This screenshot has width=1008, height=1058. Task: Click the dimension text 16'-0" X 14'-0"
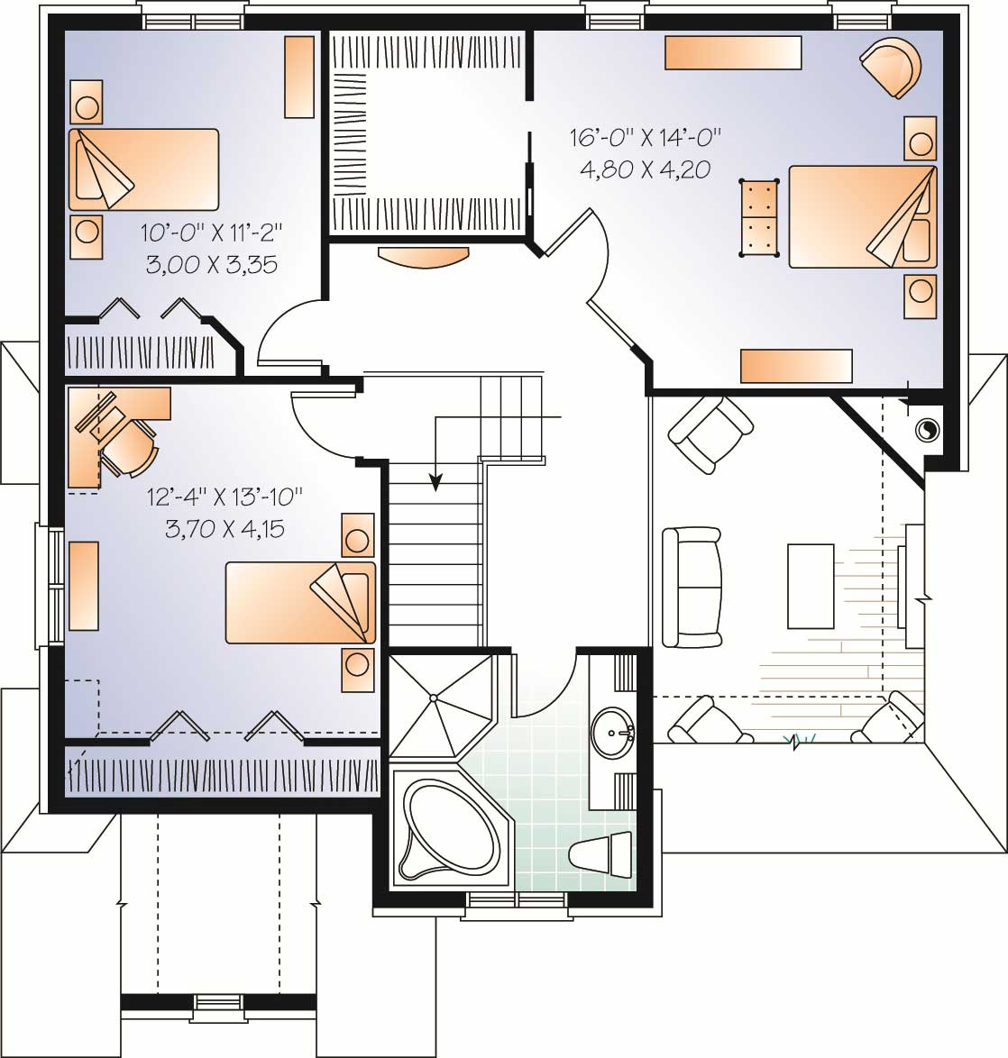(x=646, y=138)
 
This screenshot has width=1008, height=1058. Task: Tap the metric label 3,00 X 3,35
(x=211, y=265)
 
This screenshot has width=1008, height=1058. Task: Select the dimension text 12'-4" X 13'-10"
(x=225, y=497)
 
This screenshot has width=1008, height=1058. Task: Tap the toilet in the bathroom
(x=603, y=852)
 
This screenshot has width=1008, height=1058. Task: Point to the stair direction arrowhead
(x=435, y=484)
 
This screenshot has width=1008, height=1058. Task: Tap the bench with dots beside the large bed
(x=759, y=217)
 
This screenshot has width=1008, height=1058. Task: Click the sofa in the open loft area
(x=692, y=587)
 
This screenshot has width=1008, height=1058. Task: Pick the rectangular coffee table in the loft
(x=811, y=585)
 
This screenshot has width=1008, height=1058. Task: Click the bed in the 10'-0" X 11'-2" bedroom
(x=143, y=169)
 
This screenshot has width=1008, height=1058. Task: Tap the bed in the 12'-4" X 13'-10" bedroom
(x=300, y=603)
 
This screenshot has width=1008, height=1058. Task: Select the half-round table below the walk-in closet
(x=424, y=255)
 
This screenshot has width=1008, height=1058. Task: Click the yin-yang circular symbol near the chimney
(x=924, y=430)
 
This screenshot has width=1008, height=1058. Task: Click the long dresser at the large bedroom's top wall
(x=733, y=52)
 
